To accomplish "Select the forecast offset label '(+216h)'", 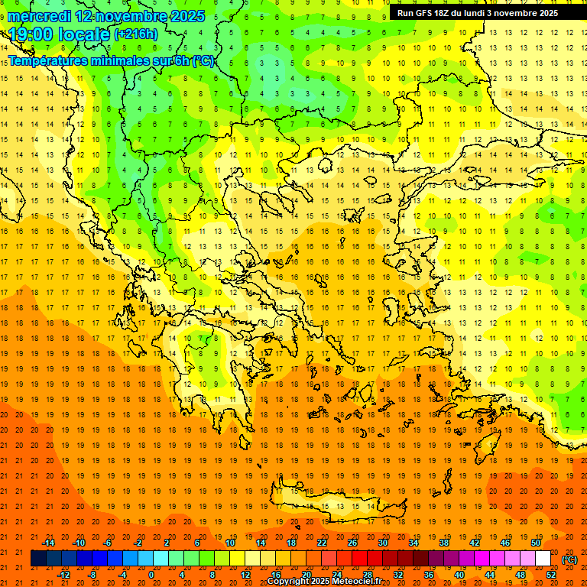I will tap(136, 34).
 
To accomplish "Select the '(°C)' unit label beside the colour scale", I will tap(569, 559).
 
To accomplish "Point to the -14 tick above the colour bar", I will tap(49, 543).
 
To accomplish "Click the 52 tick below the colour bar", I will tap(551, 575).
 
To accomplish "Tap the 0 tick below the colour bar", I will tap(151, 575).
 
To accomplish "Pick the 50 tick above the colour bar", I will tap(536, 543).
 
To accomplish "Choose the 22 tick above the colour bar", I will tap(322, 543).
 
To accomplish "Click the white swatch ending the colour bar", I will tap(543, 559).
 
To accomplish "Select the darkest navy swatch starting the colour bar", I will tap(38, 559).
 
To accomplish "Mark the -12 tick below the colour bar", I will tap(64, 575).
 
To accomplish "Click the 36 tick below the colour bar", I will tap(429, 575).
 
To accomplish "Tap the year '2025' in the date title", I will tap(187, 16).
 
